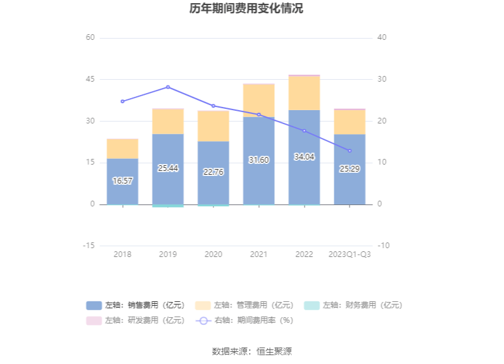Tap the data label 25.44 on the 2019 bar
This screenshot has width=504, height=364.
168,168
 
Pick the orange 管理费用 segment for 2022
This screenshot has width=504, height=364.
305,93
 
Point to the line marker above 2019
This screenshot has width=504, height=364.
168,87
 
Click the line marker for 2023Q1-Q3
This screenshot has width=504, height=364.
350,151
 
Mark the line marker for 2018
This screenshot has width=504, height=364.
122,101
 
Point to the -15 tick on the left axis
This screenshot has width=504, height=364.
89,246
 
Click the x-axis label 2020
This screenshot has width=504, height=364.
213,254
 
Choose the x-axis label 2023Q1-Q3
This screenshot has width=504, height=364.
350,254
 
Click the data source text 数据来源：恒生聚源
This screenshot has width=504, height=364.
251,351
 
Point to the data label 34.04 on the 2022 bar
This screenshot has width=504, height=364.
305,157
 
